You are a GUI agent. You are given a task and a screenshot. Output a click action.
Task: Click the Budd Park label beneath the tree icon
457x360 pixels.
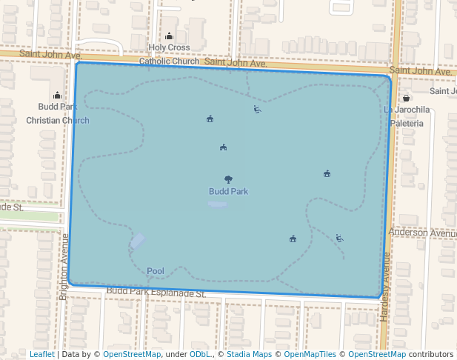[228, 192]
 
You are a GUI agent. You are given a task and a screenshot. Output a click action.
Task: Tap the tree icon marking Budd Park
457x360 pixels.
[228, 179]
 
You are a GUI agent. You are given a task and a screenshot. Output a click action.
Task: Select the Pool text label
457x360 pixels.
[156, 271]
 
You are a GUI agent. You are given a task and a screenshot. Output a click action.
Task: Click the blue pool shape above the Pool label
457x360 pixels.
[138, 241]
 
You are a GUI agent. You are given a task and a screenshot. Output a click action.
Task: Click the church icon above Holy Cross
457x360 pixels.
[169, 36]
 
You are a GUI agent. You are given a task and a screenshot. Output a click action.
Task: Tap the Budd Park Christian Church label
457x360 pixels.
[58, 113]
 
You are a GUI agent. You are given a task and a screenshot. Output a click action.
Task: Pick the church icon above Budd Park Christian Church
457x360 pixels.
[58, 95]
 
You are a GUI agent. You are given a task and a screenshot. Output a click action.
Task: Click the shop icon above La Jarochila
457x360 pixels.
[406, 98]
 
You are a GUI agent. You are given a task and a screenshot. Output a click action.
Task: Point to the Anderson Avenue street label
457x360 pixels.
[422, 233]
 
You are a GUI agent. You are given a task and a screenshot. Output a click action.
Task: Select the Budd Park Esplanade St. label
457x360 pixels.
[156, 293]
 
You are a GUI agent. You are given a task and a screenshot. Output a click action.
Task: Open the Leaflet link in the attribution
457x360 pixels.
[41, 354]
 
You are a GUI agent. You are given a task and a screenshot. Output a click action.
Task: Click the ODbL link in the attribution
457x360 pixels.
[200, 354]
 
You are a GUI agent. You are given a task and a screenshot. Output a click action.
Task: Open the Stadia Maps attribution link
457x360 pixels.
[249, 354]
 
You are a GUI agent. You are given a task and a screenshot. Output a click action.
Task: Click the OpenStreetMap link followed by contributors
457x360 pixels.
[376, 354]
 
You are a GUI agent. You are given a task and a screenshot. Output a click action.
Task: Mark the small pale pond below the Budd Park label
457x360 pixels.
[218, 204]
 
